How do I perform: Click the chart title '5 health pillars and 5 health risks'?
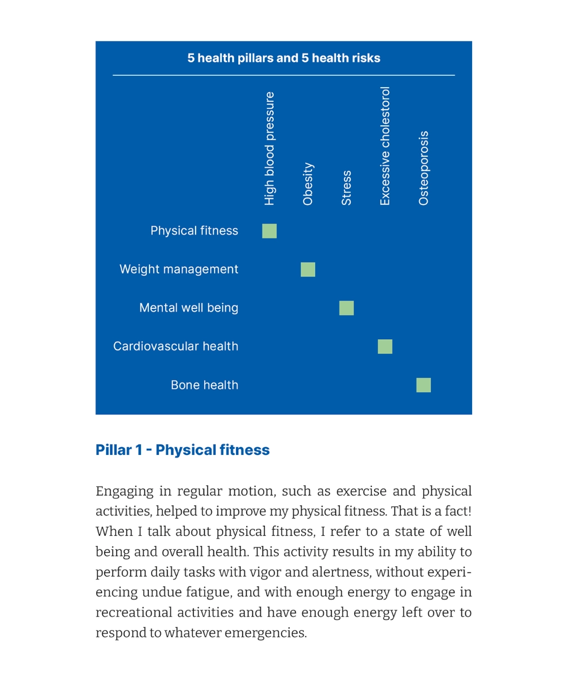pos(284,58)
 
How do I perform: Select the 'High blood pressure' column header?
pos(270,148)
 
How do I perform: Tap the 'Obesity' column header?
pos(308,184)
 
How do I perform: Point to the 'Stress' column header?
pos(347,188)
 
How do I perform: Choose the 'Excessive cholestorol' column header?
pos(385,146)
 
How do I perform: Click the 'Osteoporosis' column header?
pos(424,168)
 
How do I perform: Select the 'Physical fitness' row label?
pos(194,231)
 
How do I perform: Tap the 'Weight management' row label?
pos(179,269)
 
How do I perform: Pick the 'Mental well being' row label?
pos(189,308)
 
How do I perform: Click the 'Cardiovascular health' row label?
pos(175,346)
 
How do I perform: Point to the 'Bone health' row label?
pos(205,385)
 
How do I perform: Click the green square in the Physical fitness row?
pos(270,231)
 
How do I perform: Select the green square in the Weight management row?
pos(308,270)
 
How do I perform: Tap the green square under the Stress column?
pos(347,308)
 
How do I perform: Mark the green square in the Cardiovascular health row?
pos(385,347)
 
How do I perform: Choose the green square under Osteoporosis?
pos(424,385)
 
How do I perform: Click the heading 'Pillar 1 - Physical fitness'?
pos(183,450)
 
